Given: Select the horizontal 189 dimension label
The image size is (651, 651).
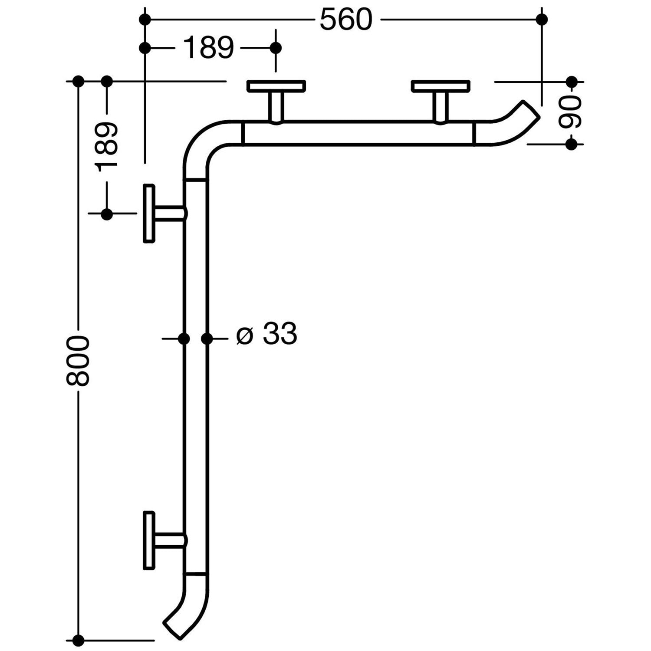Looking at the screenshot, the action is point(209,48).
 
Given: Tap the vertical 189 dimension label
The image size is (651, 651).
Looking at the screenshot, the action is point(107,147).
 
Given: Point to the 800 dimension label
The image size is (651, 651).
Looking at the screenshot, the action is point(78,360).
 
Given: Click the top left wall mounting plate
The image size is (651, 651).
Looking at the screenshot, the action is point(276,86).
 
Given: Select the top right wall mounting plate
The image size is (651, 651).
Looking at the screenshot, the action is point(441,86).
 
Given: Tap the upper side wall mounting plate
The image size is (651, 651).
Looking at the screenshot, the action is point(149,213).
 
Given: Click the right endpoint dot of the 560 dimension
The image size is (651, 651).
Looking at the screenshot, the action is point(542,20).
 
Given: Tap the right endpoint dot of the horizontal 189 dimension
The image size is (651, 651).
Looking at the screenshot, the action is point(276,48).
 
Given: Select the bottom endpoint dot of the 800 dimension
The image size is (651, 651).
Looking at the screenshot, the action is point(78,640).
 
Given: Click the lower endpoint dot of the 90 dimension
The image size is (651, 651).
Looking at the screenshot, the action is point(572,144).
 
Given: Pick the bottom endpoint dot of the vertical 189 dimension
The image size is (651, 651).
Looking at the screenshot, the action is point(107,214).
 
